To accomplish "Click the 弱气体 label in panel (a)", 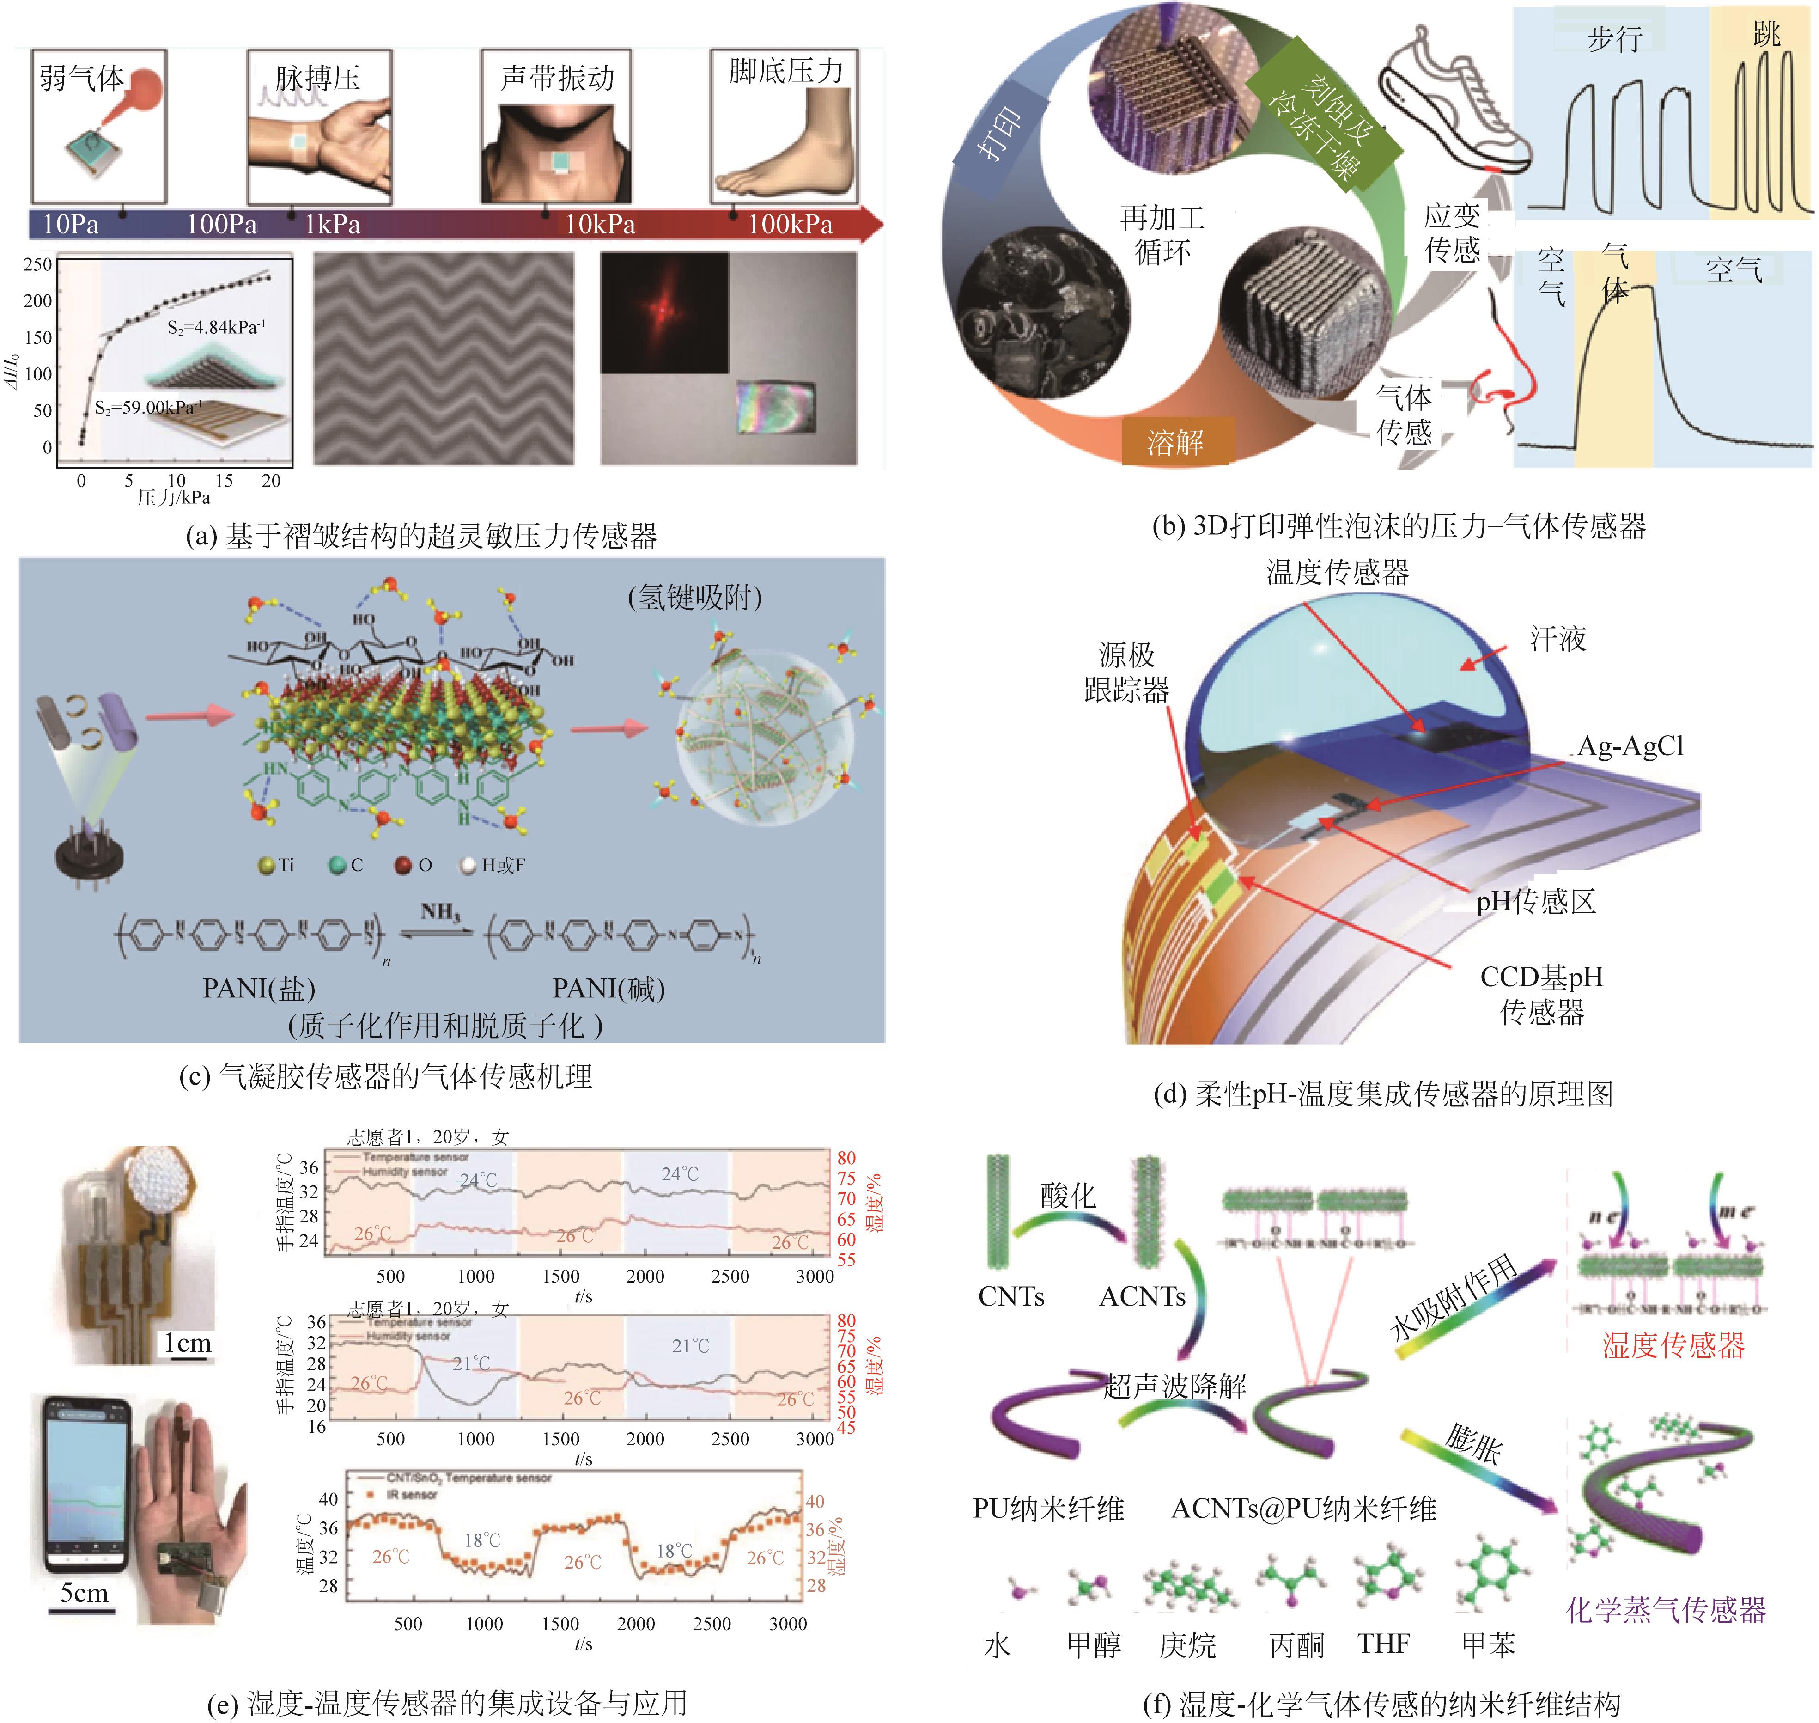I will (81, 78).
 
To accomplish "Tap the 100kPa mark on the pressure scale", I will (790, 224).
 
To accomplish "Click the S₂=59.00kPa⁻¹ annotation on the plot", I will (147, 407).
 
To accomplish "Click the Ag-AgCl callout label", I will (1630, 746).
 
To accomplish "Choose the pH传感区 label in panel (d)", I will (1535, 902).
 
